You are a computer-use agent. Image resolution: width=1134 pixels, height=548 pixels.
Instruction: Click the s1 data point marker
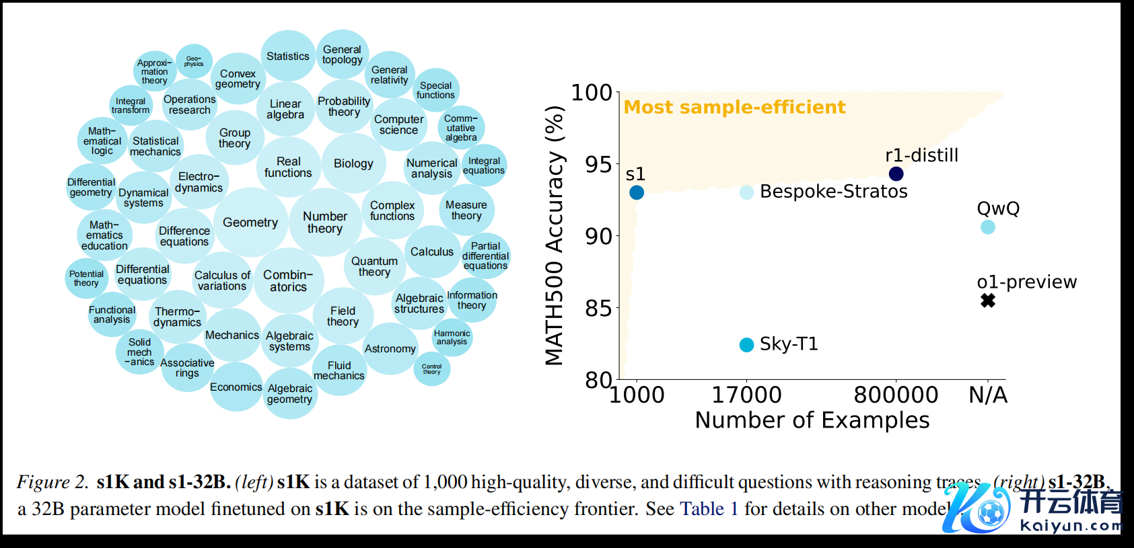637,193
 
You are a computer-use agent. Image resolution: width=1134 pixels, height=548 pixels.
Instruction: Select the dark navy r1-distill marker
896,174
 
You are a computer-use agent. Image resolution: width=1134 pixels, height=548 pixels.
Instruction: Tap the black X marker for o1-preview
988,301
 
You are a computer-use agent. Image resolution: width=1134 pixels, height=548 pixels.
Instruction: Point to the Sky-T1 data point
746,345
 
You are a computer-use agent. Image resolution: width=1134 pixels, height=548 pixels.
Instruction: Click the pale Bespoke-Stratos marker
746,192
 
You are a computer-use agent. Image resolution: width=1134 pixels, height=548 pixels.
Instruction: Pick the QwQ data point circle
988,227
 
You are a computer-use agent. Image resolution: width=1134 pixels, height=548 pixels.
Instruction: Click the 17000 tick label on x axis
746,395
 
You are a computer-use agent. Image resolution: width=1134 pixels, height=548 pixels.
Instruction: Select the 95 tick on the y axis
598,164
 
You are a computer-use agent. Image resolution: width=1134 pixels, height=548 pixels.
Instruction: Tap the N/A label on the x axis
988,395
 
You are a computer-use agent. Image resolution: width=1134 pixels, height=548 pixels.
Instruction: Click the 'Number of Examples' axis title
812,420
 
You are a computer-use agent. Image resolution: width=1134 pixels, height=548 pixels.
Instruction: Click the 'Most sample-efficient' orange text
734,108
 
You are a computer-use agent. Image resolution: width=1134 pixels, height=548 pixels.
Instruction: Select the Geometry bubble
250,223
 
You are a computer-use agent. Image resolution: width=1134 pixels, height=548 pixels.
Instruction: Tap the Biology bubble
353,163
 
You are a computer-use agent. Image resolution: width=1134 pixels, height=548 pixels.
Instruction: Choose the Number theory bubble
325,223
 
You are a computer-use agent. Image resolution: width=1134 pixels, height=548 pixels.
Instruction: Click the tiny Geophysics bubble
194,61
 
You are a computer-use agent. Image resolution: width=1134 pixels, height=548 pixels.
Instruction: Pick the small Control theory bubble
431,369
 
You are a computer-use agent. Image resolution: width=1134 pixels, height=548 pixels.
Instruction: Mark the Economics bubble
236,387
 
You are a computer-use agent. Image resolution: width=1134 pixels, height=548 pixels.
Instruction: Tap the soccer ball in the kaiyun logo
990,512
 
